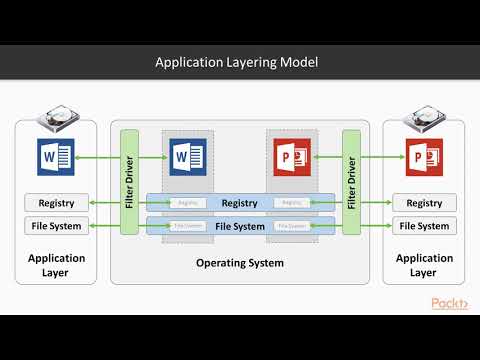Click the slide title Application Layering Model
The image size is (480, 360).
237,62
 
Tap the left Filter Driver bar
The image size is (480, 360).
128,181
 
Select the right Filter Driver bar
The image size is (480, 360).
350,181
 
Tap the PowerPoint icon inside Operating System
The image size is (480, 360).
290,156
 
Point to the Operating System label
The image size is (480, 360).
239,263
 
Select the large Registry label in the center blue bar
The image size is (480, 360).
239,203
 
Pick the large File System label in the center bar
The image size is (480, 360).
239,226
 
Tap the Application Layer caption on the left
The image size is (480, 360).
56,264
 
